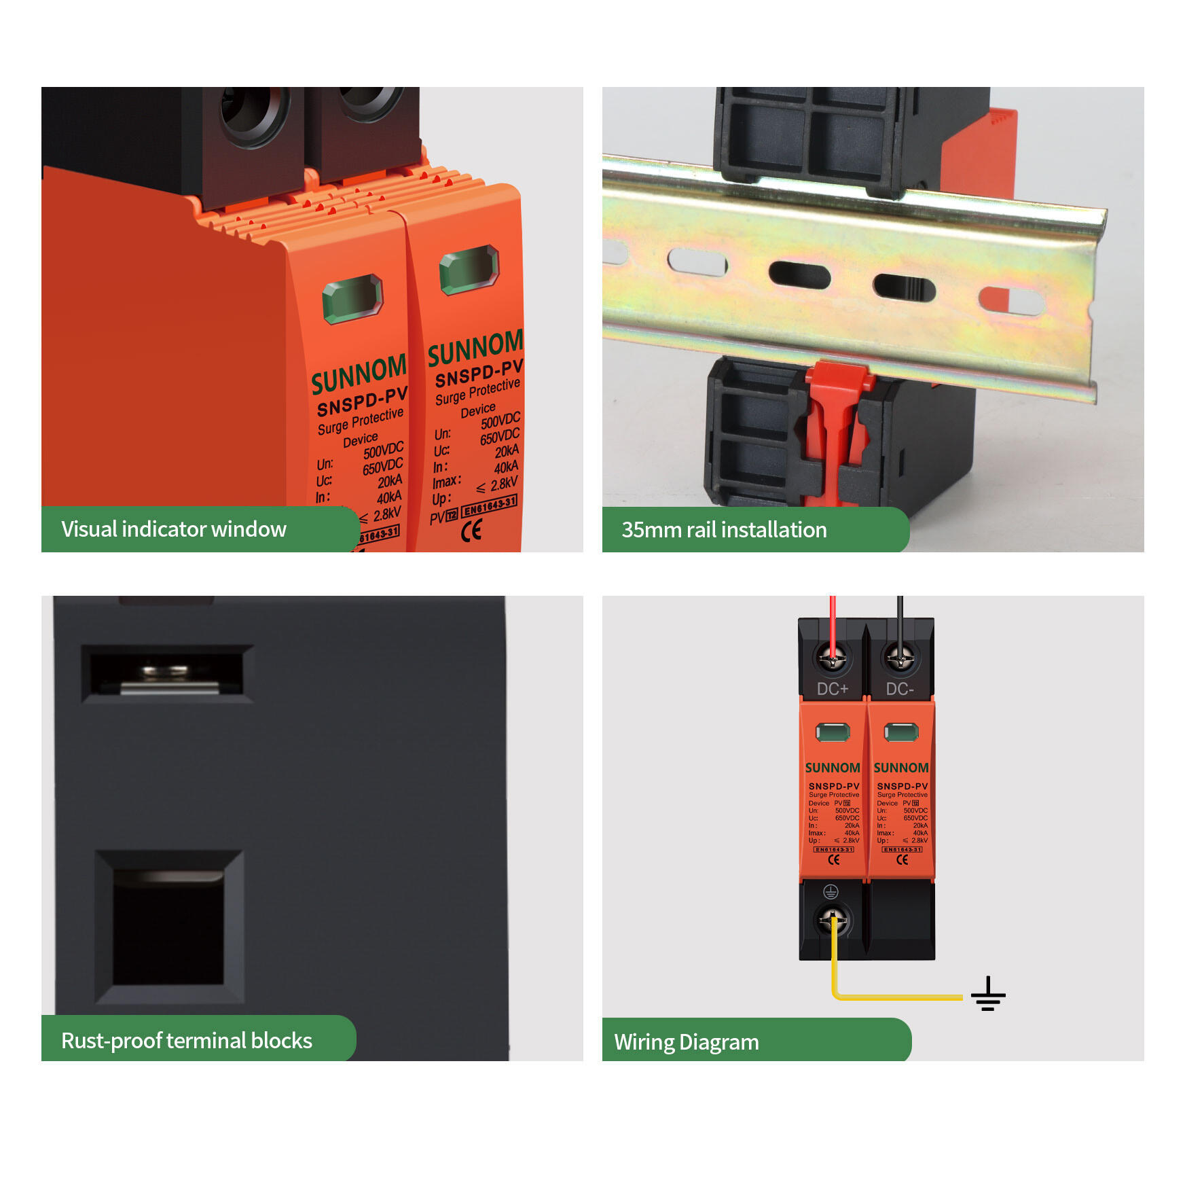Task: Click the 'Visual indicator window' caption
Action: point(174,529)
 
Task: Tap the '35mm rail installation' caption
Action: point(724,530)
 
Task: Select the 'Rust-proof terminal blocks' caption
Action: point(187,1041)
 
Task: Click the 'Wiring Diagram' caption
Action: point(687,1042)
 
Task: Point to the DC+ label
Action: point(833,689)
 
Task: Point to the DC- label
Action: point(900,689)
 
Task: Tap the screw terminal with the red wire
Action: point(832,658)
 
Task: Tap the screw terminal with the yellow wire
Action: point(833,921)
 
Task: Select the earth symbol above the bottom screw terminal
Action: point(831,892)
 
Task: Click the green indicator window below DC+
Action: point(833,732)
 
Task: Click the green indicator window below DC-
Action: point(901,732)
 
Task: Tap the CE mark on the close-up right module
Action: point(471,530)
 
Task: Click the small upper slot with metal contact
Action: point(167,673)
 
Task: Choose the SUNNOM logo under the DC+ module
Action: point(833,768)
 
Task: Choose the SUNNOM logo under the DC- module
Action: point(901,768)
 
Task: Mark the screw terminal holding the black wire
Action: point(900,658)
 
